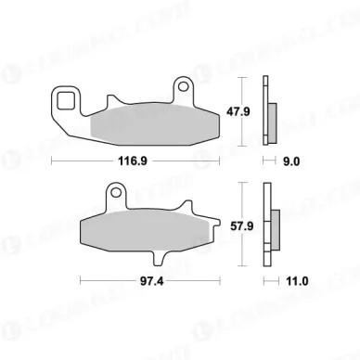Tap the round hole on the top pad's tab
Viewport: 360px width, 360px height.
pos(185,89)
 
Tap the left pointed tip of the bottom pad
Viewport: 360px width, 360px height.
pos(81,229)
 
